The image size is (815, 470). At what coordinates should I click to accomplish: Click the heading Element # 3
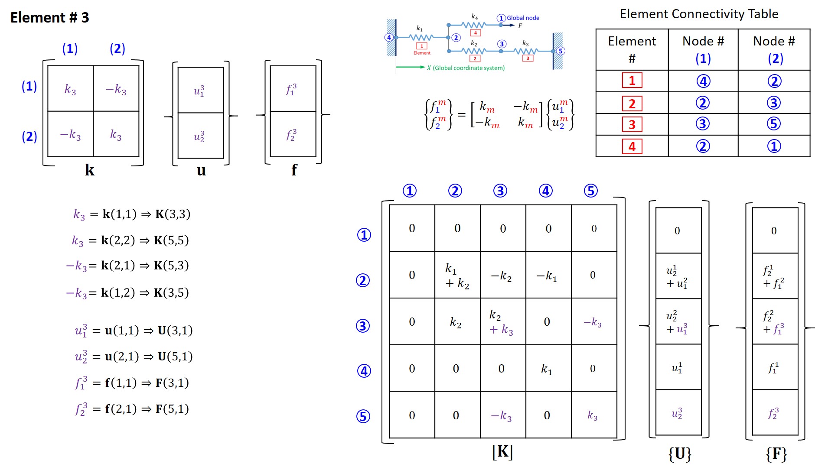[x=50, y=17]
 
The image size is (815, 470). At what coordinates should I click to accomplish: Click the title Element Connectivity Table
[x=699, y=14]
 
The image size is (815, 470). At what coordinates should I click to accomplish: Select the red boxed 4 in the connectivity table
[x=632, y=146]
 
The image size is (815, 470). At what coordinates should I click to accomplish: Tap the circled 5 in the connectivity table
[x=774, y=124]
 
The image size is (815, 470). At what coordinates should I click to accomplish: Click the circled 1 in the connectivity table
[x=774, y=146]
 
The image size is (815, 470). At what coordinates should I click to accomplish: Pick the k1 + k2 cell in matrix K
[x=457, y=276]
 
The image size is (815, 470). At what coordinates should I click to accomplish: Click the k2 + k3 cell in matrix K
[x=501, y=322]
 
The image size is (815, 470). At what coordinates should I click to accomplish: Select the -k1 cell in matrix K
[x=547, y=276]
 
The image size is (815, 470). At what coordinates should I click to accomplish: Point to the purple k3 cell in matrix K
[x=592, y=415]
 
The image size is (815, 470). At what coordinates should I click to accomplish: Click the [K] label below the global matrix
[x=502, y=452]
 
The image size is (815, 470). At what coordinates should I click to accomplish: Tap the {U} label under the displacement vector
[x=679, y=454]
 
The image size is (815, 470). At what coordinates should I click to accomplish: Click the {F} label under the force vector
[x=776, y=454]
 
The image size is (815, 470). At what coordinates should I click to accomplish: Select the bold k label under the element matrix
[x=90, y=170]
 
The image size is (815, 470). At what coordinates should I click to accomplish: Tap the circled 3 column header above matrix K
[x=500, y=191]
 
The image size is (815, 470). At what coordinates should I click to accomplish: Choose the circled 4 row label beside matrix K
[x=364, y=371]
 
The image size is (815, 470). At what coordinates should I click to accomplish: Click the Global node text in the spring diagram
[x=523, y=18]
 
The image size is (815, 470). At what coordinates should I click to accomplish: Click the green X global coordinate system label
[x=466, y=68]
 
